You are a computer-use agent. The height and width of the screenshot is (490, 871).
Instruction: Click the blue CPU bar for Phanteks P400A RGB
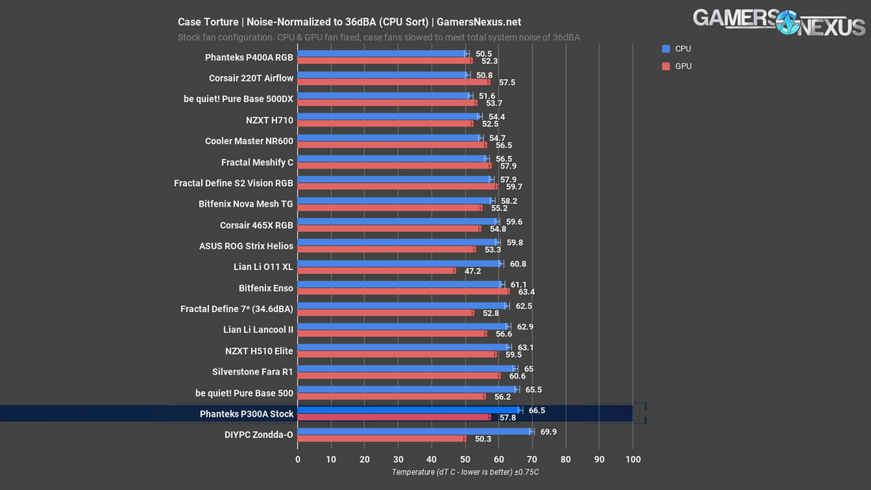coord(382,54)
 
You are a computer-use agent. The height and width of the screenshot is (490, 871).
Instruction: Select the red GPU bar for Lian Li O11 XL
coord(376,271)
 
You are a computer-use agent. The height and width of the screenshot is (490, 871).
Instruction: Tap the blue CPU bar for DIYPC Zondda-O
coord(414,431)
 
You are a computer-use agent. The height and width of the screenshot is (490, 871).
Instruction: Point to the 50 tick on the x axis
coord(466,459)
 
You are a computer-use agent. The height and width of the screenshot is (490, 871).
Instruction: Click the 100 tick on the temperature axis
coord(633,459)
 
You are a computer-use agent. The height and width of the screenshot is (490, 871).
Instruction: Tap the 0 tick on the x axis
coord(298,459)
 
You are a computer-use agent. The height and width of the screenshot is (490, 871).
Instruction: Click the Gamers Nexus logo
coord(779,22)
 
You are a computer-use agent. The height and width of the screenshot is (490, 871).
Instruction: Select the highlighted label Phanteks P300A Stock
coord(247,414)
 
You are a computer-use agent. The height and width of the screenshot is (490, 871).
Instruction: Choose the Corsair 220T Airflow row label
coord(251,78)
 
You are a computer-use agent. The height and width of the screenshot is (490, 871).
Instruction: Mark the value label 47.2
coord(472,271)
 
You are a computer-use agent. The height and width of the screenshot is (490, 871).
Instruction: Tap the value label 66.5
coord(536,410)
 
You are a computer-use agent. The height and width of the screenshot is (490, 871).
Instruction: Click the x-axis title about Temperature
coord(465,473)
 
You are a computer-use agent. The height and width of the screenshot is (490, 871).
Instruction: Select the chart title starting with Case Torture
coord(349,22)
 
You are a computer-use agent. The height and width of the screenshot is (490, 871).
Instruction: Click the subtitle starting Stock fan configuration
coord(380,37)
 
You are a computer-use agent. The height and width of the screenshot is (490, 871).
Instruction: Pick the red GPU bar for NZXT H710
coord(385,123)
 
